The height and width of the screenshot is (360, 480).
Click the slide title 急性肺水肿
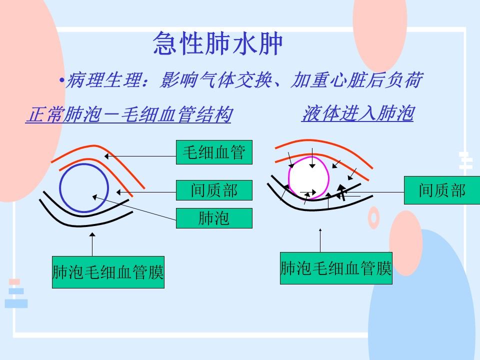217,43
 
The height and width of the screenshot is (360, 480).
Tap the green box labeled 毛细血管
214,152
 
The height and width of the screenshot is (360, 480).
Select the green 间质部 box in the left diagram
214,190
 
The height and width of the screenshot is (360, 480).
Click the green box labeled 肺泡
214,218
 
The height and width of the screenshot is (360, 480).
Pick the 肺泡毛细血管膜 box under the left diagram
108,272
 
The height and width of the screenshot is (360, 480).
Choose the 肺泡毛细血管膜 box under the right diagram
336,268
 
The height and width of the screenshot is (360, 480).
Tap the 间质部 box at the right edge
442,190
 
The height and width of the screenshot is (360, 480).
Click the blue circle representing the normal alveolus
59,188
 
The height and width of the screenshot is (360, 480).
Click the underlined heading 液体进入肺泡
357,113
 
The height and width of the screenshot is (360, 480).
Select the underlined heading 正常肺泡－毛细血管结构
128,114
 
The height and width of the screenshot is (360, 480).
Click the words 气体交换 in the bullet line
235,80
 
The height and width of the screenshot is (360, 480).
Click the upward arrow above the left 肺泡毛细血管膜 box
92,244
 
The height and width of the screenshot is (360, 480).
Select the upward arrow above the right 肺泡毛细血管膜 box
320,240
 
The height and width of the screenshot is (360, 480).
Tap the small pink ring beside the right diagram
373,217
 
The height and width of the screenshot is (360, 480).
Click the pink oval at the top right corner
379,30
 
